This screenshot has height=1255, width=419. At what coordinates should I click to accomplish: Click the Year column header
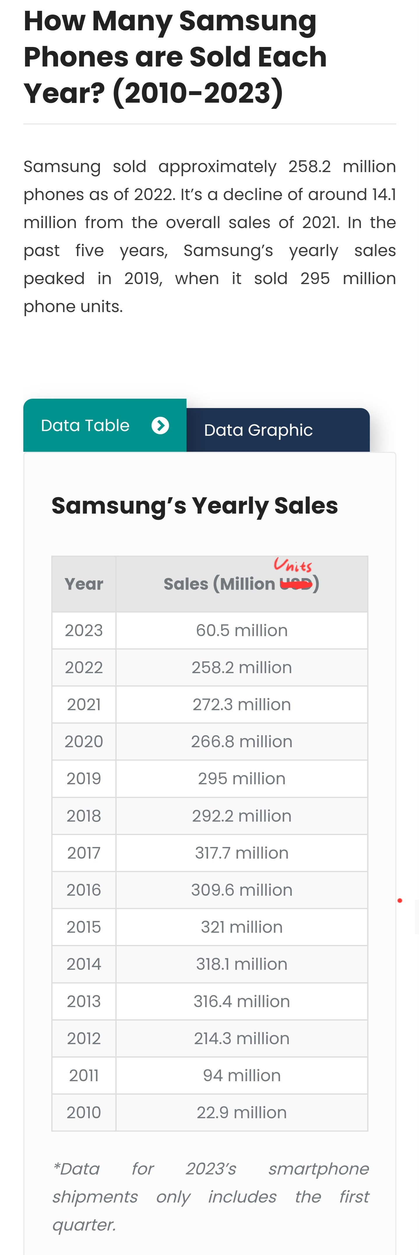[84, 584]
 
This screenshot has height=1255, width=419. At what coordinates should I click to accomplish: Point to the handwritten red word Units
[293, 565]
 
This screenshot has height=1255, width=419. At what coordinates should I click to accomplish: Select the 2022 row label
[84, 667]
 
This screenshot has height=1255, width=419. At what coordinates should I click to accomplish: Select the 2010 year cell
[84, 1112]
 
